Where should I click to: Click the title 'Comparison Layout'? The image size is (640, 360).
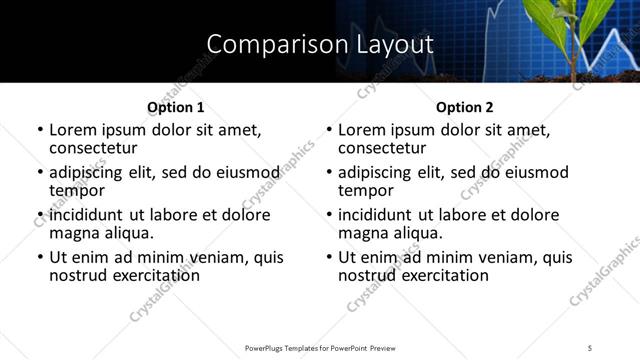[x=319, y=44]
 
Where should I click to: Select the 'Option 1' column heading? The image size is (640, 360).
[x=175, y=107]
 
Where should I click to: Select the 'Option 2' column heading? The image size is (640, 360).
[x=464, y=107]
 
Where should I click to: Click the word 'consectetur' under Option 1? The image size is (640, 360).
[x=94, y=147]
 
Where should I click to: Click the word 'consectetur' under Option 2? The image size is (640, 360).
[x=383, y=147]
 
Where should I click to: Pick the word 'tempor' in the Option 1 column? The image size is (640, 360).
[x=76, y=190]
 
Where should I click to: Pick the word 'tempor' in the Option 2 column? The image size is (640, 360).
[x=365, y=190]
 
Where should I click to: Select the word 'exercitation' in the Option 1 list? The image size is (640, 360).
[x=155, y=275]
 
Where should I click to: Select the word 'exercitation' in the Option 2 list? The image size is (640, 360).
[x=444, y=275]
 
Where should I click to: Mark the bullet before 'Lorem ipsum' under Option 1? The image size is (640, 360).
[x=39, y=130]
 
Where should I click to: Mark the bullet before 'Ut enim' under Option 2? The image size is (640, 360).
[x=328, y=257]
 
